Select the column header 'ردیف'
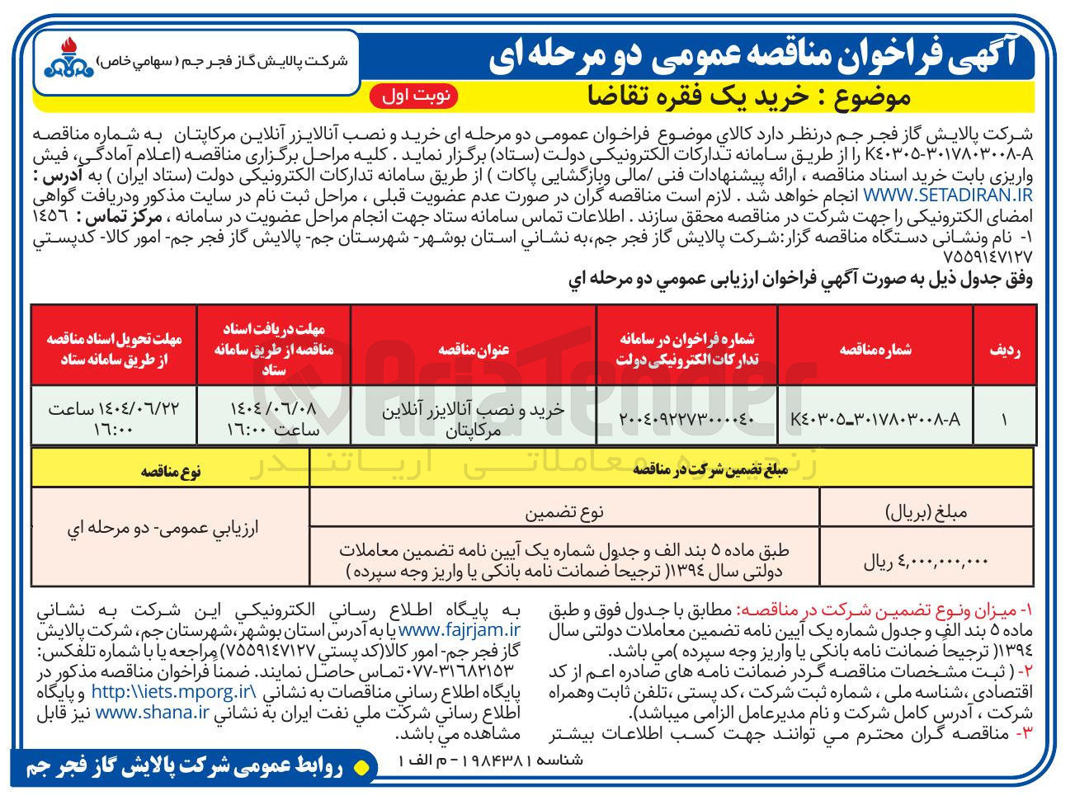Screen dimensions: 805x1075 point(1004,350)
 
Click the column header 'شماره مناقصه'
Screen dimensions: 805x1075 point(875,350)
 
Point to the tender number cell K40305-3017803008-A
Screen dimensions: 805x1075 point(875,418)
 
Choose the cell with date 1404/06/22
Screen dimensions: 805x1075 point(114,418)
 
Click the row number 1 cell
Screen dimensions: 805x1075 point(1004,418)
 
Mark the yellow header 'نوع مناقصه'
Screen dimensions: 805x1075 point(170,471)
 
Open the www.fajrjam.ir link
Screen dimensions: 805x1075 point(455,630)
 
